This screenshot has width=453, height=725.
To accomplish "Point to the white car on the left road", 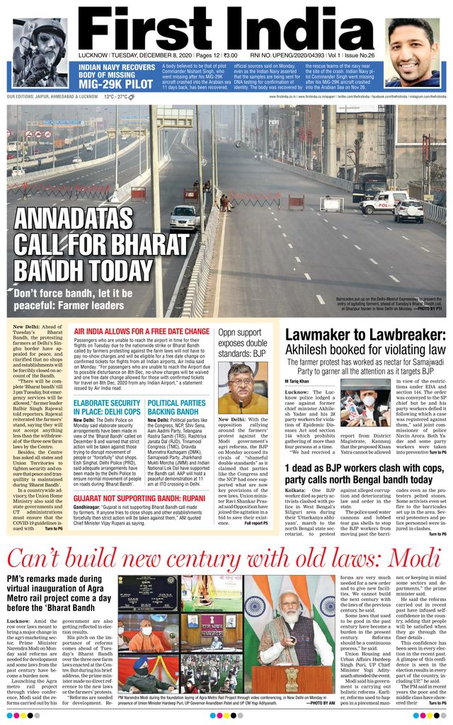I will (x=184, y=217).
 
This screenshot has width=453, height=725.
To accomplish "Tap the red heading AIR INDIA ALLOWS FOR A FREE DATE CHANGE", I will (x=142, y=331).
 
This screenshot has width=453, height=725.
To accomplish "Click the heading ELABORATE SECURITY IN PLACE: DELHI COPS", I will (x=107, y=407).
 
